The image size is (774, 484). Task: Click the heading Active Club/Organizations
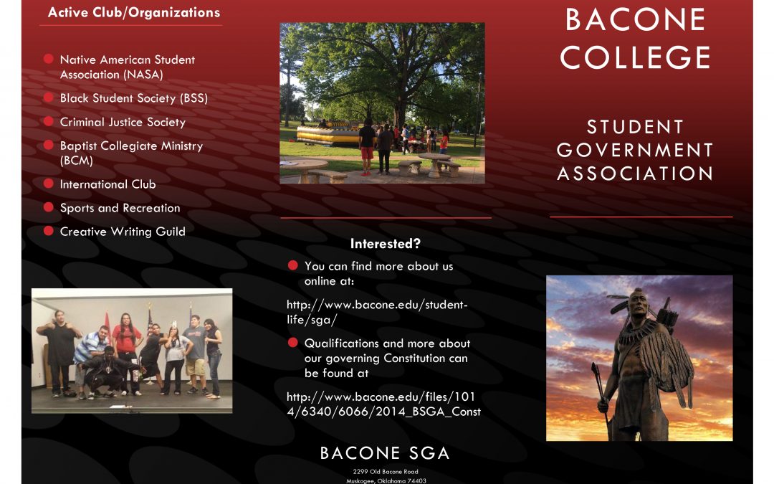click(134, 12)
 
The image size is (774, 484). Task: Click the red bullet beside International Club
click(49, 184)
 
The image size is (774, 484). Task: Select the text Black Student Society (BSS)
click(134, 98)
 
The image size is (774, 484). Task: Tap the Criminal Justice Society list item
click(123, 122)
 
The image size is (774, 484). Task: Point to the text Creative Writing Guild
click(123, 232)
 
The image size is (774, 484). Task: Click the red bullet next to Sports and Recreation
click(49, 207)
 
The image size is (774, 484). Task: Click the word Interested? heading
click(385, 244)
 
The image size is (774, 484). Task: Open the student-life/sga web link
click(377, 312)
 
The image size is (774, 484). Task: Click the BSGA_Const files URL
click(383, 404)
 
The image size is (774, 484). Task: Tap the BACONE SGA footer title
click(385, 453)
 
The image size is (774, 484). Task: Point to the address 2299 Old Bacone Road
click(386, 472)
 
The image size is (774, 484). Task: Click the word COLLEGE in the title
click(635, 57)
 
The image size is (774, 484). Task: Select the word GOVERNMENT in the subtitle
click(635, 150)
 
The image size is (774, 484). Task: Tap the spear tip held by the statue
click(596, 371)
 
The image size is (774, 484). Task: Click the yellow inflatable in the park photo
click(328, 135)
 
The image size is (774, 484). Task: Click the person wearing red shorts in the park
click(366, 148)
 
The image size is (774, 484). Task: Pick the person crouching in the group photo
click(107, 372)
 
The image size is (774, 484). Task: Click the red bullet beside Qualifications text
click(292, 342)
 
